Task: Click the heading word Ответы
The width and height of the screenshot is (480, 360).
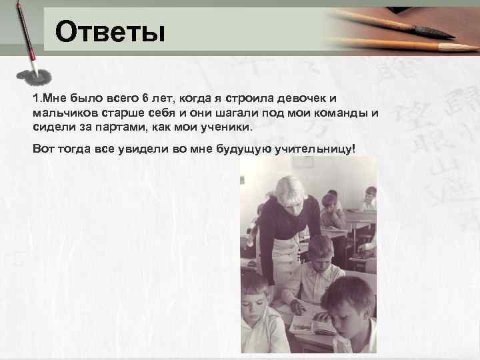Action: [109, 31]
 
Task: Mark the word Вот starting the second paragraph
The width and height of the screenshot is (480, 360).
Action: [43, 147]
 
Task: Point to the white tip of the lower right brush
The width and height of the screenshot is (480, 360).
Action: [460, 47]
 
